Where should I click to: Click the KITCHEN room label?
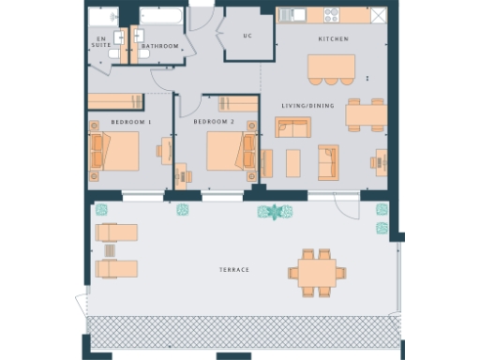pos(333,39)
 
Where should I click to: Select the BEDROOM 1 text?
pos(130,123)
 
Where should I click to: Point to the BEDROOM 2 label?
pos(213,123)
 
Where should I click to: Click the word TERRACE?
pos(233,270)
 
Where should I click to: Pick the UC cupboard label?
pos(247,37)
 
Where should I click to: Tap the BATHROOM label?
pos(159,45)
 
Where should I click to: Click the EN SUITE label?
pos(99,42)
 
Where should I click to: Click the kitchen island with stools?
pos(332,67)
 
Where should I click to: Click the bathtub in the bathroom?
pos(161,18)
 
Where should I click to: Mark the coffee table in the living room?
pos(293,163)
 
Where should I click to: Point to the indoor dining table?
pos(366,114)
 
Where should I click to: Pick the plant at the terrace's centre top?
pos(274,212)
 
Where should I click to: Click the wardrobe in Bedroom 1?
pos(115,101)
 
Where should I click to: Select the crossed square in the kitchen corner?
pos(378,16)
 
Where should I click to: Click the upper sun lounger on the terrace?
pos(117,232)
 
